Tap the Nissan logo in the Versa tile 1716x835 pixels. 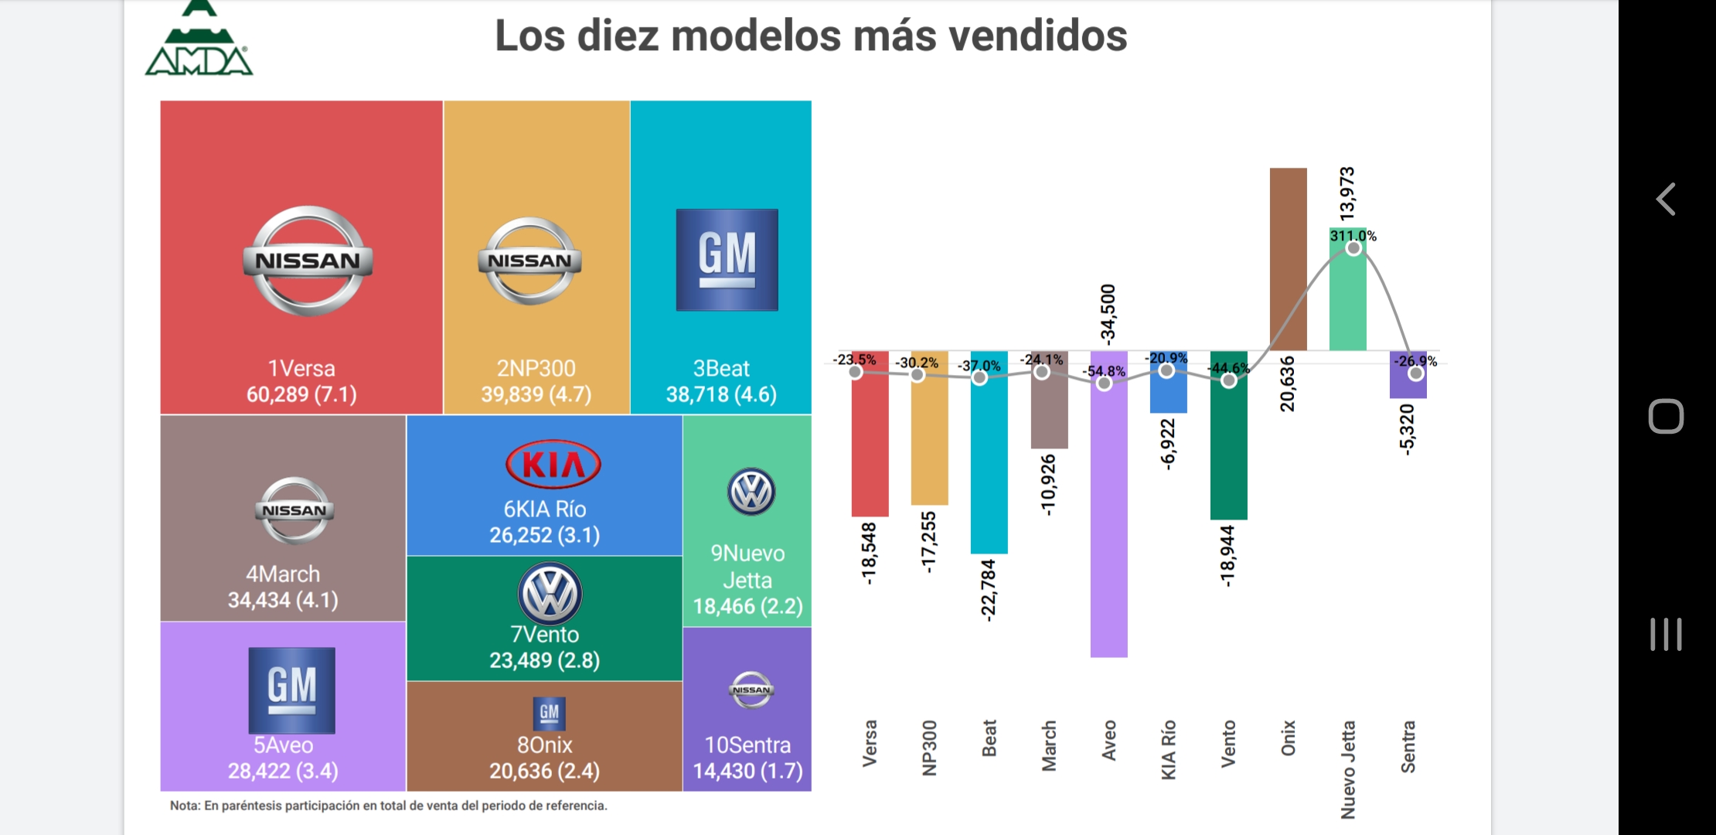308,261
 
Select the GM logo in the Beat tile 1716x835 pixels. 727,260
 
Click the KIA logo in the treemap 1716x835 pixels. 553,465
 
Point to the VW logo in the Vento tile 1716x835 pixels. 550,594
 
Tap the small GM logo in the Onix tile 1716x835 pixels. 549,713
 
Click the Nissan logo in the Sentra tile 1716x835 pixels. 751,690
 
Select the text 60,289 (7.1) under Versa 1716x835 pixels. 301,394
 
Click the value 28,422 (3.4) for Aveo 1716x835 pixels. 283,771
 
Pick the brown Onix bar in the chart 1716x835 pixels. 1288,259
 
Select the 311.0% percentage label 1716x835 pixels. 1353,236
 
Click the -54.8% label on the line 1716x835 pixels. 1104,371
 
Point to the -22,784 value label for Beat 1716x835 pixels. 989,590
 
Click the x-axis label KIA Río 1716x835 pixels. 1169,749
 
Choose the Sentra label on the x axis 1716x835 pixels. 1408,746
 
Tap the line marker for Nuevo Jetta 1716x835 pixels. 1353,248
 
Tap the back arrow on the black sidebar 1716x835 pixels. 1666,199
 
